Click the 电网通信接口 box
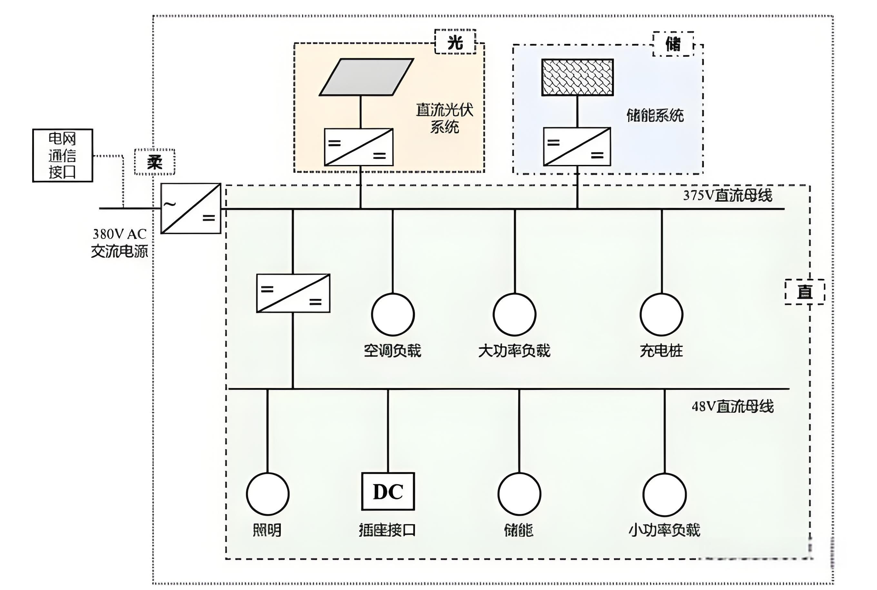(x=63, y=155)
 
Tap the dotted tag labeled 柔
(x=154, y=162)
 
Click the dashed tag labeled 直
(x=804, y=292)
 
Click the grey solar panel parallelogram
(x=366, y=77)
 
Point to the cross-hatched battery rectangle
(x=577, y=77)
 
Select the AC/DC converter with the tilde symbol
(x=191, y=209)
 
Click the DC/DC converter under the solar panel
(x=359, y=147)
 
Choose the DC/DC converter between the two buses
(x=293, y=293)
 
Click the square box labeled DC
(x=388, y=492)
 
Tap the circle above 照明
(x=268, y=494)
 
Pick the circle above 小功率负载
(x=664, y=494)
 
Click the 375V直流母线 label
(x=727, y=196)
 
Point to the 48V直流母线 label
(x=732, y=406)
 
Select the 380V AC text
(x=119, y=234)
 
